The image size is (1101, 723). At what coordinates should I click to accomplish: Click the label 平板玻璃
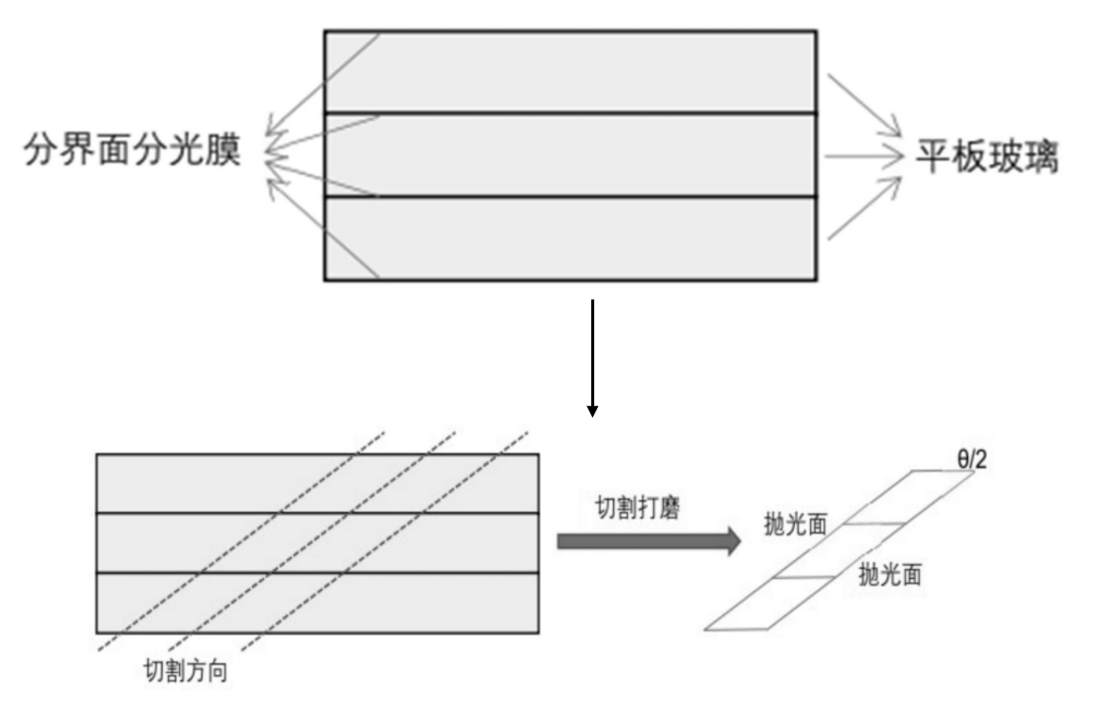click(987, 157)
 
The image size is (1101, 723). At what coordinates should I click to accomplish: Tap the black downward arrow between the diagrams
click(592, 358)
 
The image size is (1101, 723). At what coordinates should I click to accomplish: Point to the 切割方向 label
click(186, 670)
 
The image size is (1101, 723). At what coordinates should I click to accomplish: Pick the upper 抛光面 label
click(796, 523)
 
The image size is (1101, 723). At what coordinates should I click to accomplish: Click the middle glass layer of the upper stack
click(596, 155)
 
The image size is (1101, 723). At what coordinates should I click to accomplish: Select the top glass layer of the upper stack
click(596, 72)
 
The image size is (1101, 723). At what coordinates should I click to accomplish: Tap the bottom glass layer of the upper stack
click(596, 238)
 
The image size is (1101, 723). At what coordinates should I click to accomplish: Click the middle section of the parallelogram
click(839, 551)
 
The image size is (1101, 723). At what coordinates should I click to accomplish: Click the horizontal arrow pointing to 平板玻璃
click(860, 156)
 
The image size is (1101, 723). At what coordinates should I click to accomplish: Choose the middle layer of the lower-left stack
click(318, 543)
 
